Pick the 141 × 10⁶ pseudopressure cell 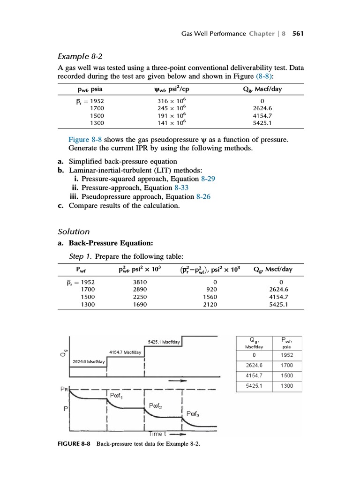pos(172,123)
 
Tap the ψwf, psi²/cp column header pos(171,89)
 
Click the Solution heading pos(73,232)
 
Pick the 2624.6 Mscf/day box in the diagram pos(89,361)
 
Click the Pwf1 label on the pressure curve pos(118,396)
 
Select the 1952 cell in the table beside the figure pos(287,355)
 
